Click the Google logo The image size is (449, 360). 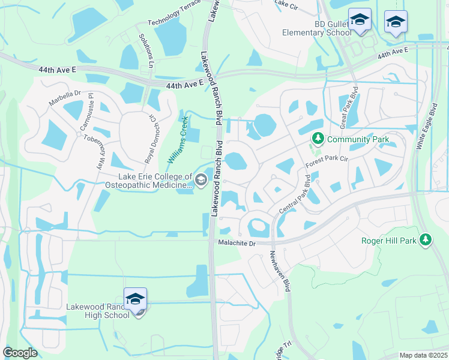coord(20,353)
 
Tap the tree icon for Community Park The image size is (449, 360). coord(318,140)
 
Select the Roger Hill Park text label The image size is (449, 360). coord(389,241)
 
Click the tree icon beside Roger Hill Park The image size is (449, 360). coord(425,240)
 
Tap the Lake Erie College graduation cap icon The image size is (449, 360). coord(200,179)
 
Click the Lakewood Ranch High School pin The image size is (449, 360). coord(136,299)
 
